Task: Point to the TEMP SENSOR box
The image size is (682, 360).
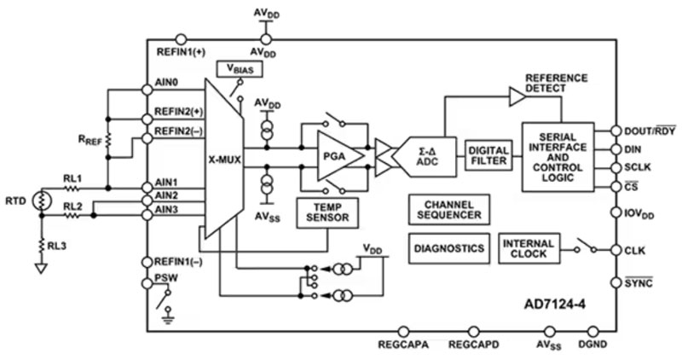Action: (328, 213)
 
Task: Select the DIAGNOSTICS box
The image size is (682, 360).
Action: (448, 249)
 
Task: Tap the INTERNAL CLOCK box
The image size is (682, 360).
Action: (529, 249)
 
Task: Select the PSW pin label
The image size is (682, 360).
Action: (168, 278)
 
